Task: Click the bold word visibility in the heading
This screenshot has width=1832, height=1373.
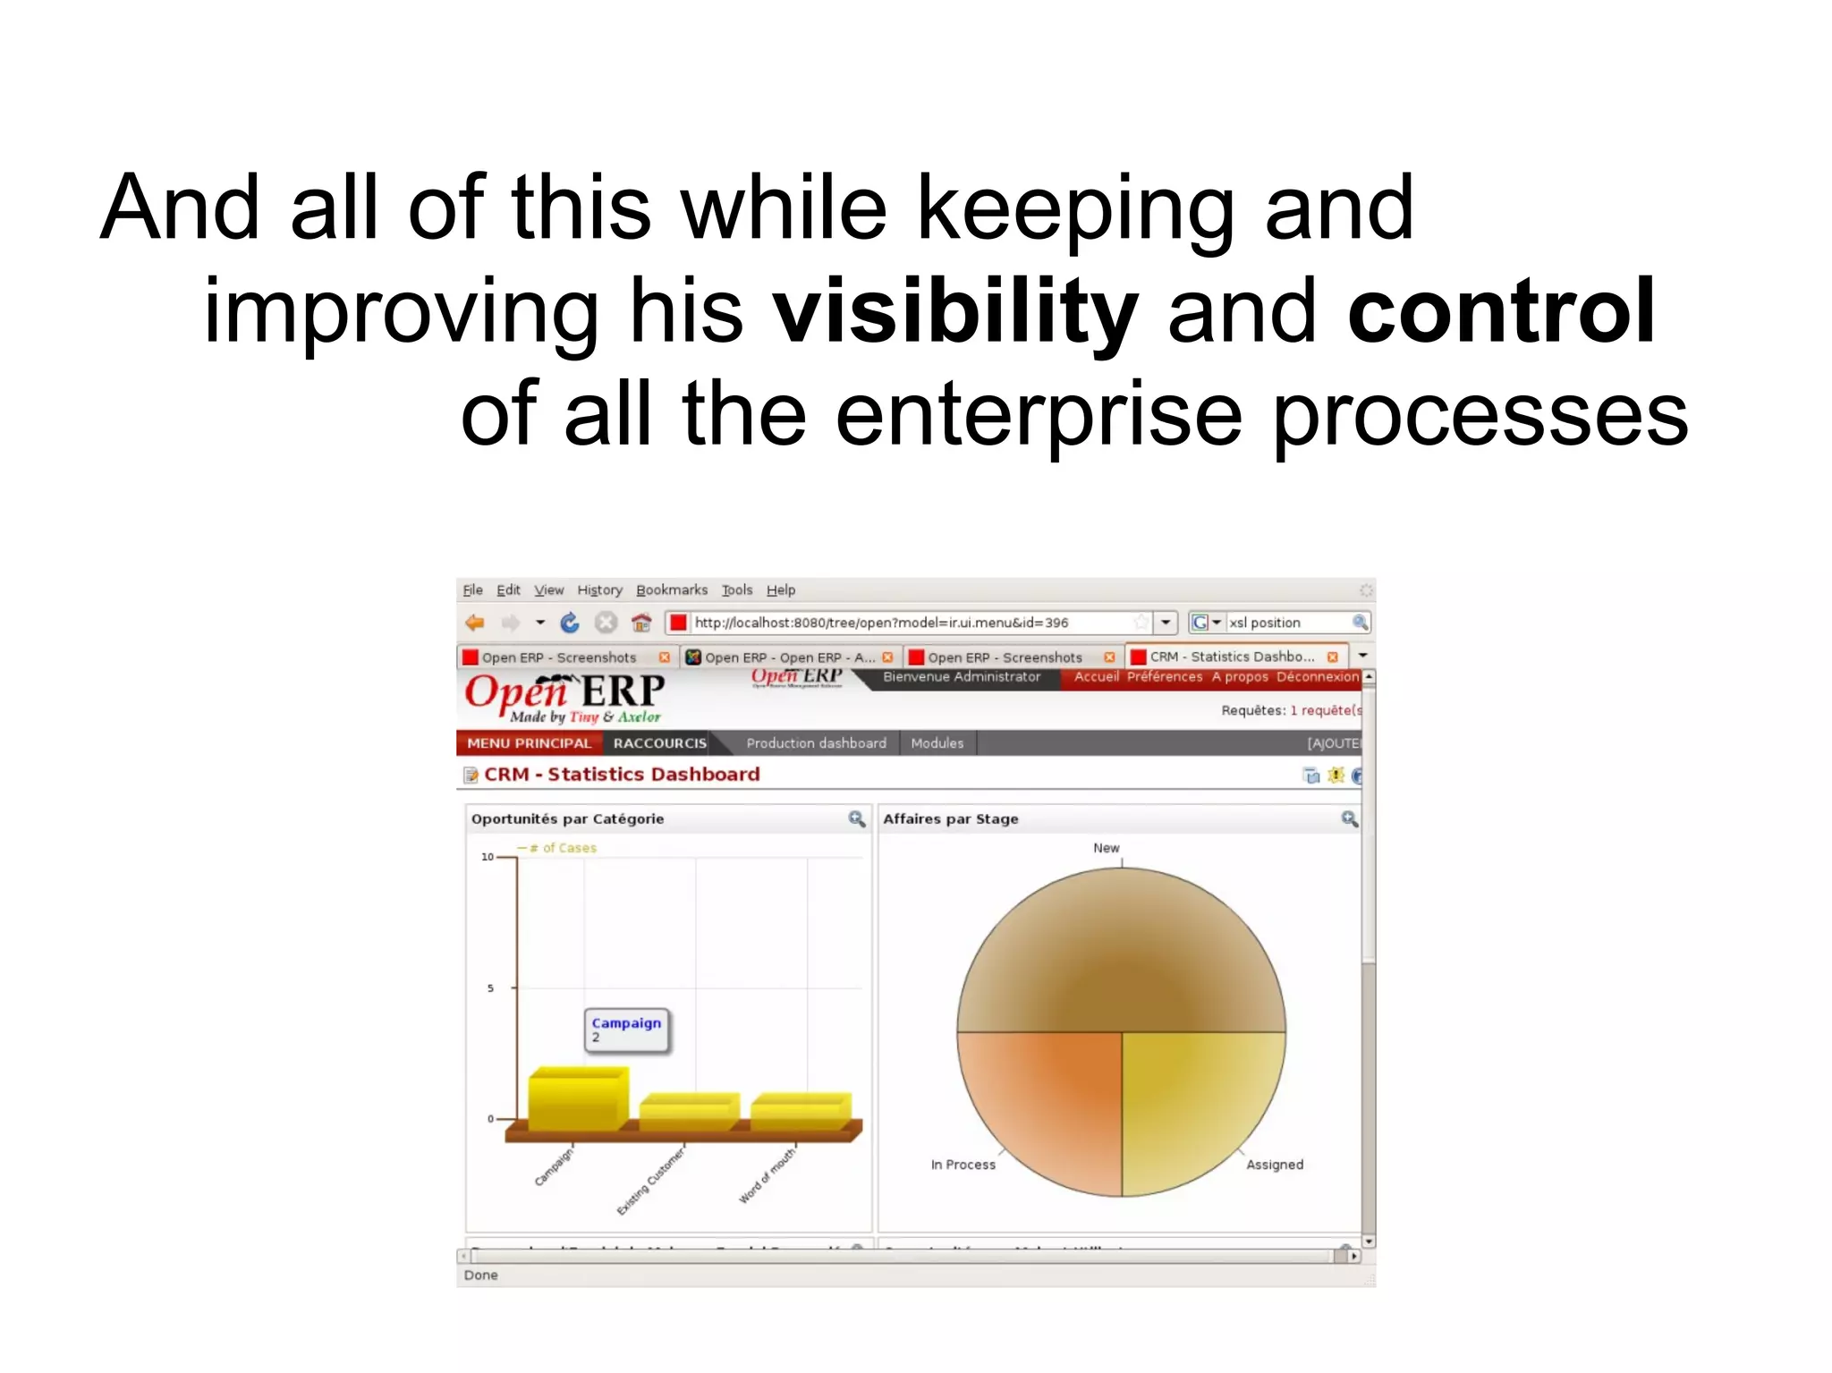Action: click(955, 311)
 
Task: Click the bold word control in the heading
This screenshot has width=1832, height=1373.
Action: click(1501, 311)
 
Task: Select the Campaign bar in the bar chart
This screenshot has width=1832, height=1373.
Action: click(577, 1100)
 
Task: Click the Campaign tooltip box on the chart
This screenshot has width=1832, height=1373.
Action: click(626, 1030)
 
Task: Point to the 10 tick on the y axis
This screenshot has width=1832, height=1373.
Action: click(488, 857)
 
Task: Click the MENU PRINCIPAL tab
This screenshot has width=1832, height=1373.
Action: click(529, 743)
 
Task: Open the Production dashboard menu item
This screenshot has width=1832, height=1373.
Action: click(816, 743)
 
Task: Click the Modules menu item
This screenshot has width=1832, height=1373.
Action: click(937, 743)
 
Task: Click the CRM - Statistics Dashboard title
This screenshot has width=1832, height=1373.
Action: click(622, 775)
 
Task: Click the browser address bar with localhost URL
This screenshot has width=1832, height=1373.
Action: click(903, 623)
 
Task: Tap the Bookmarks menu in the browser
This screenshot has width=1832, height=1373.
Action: click(671, 590)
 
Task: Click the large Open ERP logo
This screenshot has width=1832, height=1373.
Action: click(564, 697)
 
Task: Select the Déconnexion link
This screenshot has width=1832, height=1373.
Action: click(1317, 677)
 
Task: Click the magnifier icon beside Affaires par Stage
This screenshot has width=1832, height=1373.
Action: click(1349, 818)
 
